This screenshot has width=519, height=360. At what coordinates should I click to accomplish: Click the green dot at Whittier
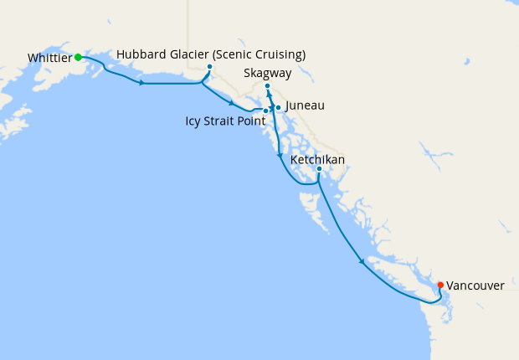click(x=78, y=57)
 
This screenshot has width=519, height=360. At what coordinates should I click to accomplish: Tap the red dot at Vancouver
click(x=440, y=285)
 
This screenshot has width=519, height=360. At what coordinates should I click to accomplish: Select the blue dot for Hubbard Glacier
click(x=209, y=67)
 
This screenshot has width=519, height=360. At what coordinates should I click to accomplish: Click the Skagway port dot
click(x=267, y=86)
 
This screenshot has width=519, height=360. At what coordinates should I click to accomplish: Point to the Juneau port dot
click(x=278, y=107)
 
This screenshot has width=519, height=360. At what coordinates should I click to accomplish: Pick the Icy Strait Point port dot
click(x=265, y=111)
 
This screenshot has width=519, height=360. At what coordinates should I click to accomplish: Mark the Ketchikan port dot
click(x=319, y=169)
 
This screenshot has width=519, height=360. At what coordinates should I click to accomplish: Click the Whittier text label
click(x=49, y=58)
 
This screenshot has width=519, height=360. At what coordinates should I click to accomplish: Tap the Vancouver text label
click(x=475, y=285)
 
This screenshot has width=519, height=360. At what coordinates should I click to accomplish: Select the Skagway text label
click(x=268, y=74)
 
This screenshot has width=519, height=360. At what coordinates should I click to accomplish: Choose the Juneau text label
click(x=305, y=106)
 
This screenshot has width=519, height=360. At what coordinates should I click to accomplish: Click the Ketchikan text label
click(x=317, y=159)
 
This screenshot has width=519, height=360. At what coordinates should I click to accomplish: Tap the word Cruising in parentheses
click(x=277, y=54)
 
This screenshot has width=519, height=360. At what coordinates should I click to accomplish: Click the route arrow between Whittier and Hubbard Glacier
click(x=142, y=82)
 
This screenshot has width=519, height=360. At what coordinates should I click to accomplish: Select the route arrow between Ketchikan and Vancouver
click(x=362, y=262)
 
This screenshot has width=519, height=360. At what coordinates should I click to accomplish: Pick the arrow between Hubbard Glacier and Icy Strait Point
click(x=231, y=102)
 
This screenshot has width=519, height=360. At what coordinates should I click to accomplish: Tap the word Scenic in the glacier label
click(x=232, y=54)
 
